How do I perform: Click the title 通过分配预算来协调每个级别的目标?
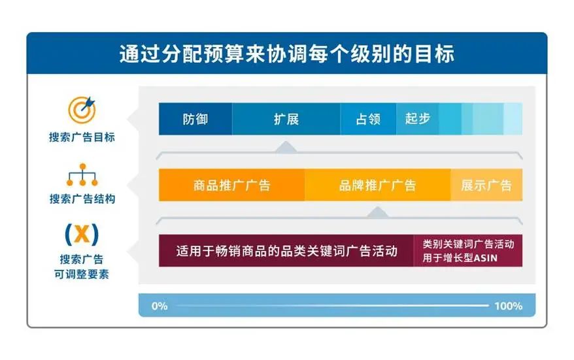point(286,53)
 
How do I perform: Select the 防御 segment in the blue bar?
point(195,120)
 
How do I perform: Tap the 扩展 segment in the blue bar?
point(286,120)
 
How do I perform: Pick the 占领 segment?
point(367,120)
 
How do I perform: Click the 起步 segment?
point(417,120)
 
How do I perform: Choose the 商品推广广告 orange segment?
point(231,186)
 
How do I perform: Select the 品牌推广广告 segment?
point(377,186)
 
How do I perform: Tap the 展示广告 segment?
point(486,186)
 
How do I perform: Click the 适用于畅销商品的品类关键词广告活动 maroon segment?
point(286,251)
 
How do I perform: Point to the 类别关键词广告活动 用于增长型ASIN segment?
point(468,251)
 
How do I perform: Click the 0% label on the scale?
point(160,306)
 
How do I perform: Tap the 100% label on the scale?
point(508,306)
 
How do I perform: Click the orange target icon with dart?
point(82,110)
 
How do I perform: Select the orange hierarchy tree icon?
point(82,175)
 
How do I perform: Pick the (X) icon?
point(82,233)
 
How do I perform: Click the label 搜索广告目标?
point(82,138)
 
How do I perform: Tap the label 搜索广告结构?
point(82,199)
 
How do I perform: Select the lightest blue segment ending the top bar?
point(513,120)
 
